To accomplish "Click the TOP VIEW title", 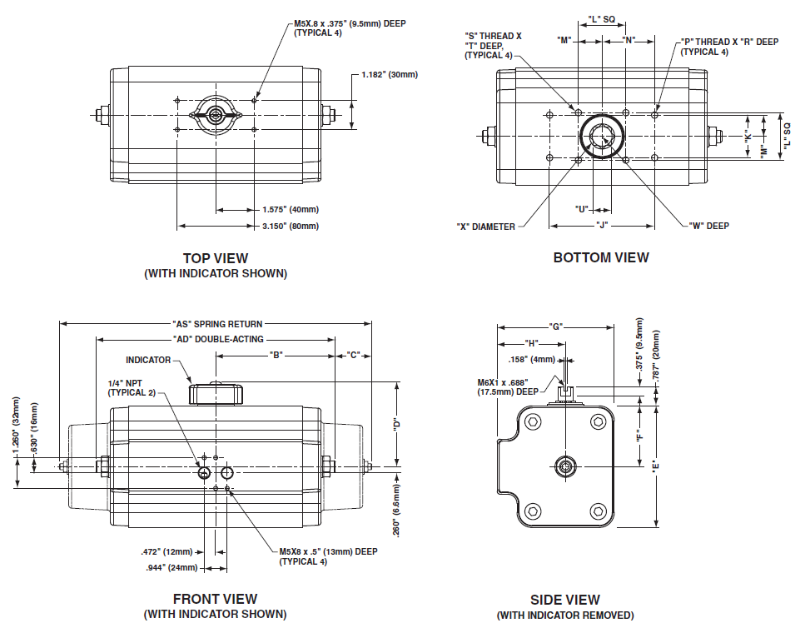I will point(215,258).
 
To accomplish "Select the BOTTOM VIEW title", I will point(601,257).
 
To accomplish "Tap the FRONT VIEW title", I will point(215,599).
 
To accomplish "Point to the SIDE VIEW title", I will point(565,600).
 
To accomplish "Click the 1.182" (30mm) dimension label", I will point(390,75).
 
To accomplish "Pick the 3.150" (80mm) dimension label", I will point(290,226).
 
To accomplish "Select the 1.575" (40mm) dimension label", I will point(290,210).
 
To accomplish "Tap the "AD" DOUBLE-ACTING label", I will point(217,339).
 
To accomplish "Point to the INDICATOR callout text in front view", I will point(148,361).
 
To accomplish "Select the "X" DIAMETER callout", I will point(486,227).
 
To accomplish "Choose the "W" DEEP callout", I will point(709,226).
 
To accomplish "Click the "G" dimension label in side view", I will point(555,326).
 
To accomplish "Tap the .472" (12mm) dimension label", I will point(166,551).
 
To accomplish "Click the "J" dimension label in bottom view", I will point(601,225).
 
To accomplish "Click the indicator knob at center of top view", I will point(216,115).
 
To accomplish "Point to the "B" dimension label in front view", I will point(276,355).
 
